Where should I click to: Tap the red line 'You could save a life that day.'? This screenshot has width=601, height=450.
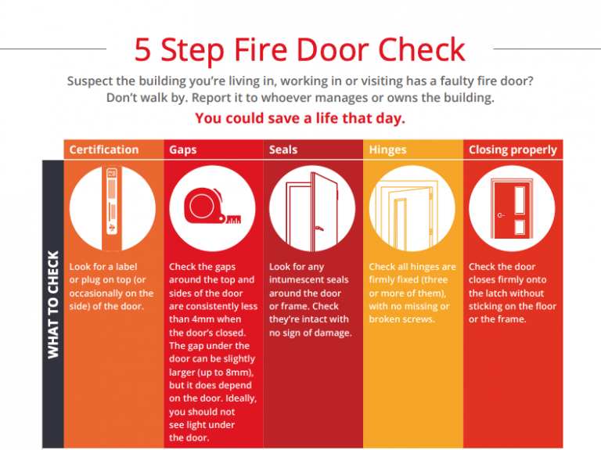300,118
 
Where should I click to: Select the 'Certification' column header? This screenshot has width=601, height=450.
104,149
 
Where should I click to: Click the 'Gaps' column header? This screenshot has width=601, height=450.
182,149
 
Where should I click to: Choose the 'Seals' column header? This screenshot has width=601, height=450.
283,149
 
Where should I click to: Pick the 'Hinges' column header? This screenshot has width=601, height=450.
388,149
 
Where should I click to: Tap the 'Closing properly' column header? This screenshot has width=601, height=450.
513,149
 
